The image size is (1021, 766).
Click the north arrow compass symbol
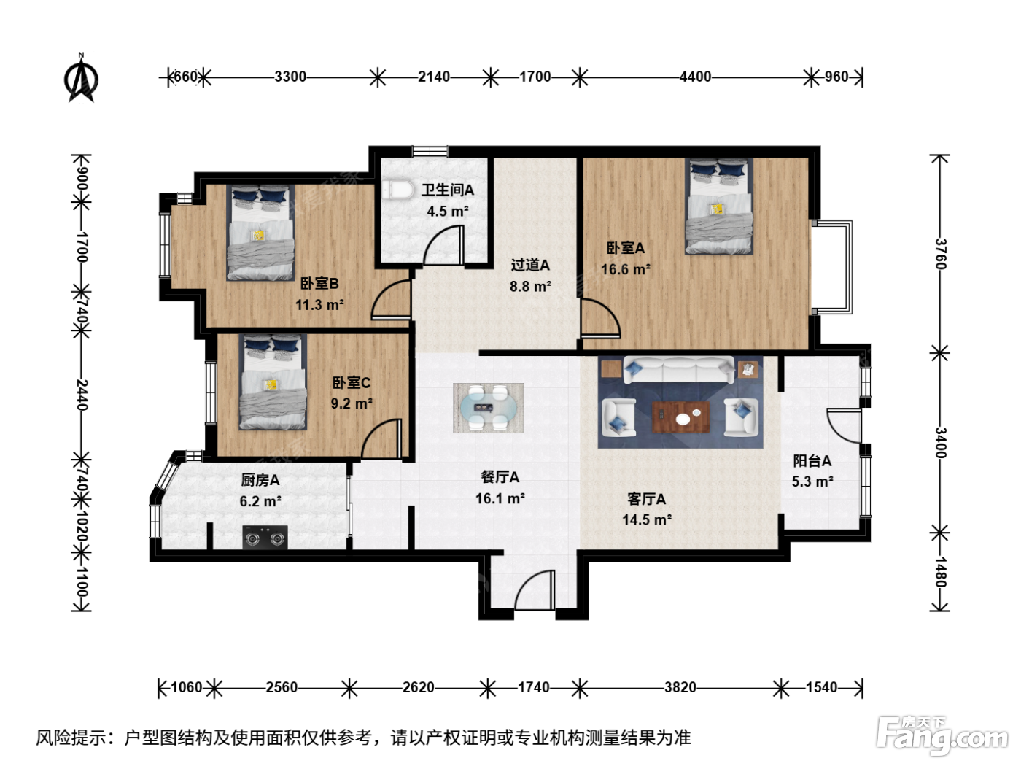pyautogui.click(x=82, y=78)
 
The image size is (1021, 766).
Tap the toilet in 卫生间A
pyautogui.click(x=399, y=190)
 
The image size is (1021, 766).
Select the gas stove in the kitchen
pyautogui.click(x=265, y=537)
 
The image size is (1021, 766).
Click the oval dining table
pyautogui.click(x=489, y=408)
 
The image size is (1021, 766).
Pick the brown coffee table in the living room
pyautogui.click(x=681, y=417)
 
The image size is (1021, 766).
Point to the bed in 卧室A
pyautogui.click(x=718, y=206)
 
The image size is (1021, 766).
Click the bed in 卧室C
pyautogui.click(x=273, y=382)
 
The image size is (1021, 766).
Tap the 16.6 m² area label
pyautogui.click(x=626, y=269)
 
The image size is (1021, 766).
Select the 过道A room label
pyautogui.click(x=530, y=265)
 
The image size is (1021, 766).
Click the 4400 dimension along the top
pyautogui.click(x=696, y=77)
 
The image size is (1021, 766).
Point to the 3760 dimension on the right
pyautogui.click(x=941, y=254)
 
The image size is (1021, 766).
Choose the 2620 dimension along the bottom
pyautogui.click(x=418, y=687)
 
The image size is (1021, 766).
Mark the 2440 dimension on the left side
pyautogui.click(x=82, y=395)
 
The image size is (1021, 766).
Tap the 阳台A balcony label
pyautogui.click(x=812, y=461)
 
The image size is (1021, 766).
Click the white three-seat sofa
pyautogui.click(x=678, y=370)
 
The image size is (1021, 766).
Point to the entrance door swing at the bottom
pyautogui.click(x=535, y=589)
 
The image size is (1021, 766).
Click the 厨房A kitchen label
pyautogui.click(x=260, y=480)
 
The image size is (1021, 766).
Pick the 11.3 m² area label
pyautogui.click(x=319, y=305)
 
